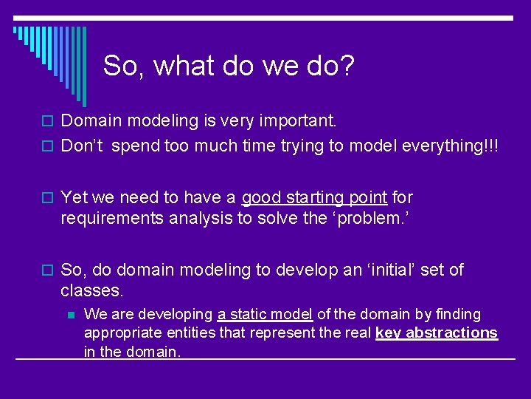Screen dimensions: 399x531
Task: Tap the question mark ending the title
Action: [x=347, y=66]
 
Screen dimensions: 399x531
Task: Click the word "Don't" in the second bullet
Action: [x=83, y=146]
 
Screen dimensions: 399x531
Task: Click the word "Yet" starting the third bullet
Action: [x=75, y=197]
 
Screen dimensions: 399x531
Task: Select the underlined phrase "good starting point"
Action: [x=314, y=197]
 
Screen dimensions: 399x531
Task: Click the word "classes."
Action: [x=91, y=290]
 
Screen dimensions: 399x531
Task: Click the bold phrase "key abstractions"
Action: [x=437, y=332]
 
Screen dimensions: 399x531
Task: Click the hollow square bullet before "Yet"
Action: [x=50, y=198]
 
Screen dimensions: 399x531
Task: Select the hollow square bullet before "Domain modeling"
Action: [x=50, y=120]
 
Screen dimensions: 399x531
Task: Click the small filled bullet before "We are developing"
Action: [x=71, y=315]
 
